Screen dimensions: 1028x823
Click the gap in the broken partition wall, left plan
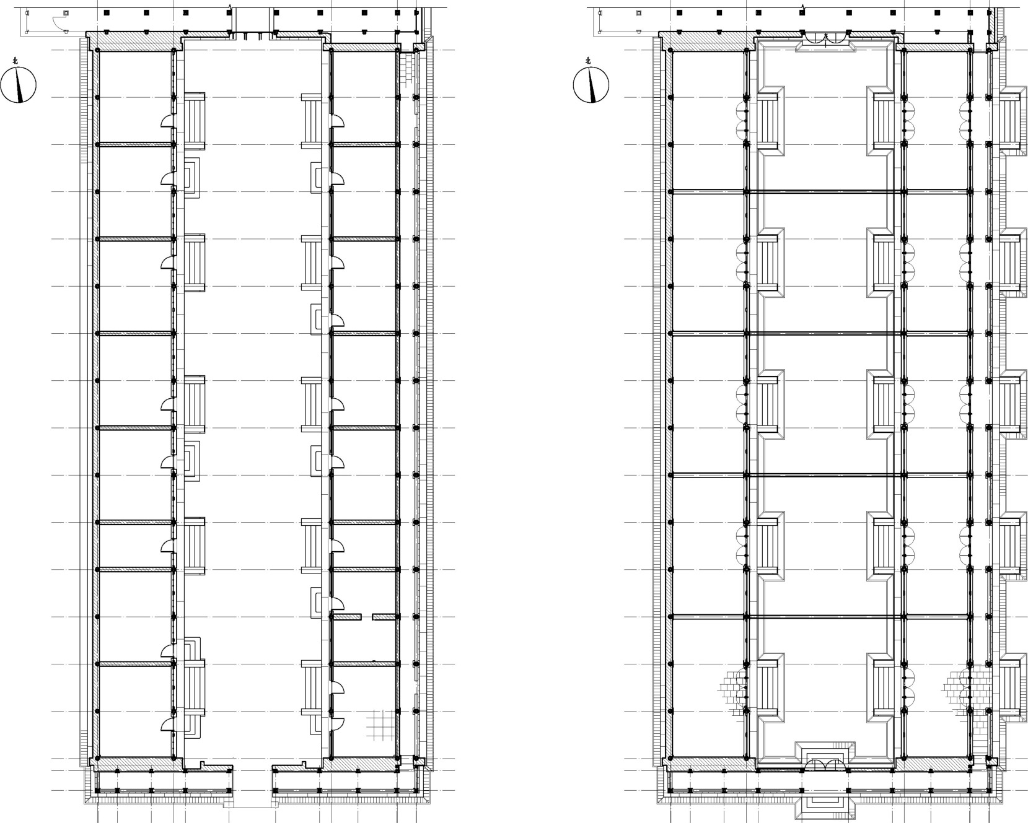click(x=367, y=617)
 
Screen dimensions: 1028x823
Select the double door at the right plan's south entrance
click(x=825, y=765)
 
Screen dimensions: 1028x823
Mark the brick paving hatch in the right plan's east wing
click(x=959, y=689)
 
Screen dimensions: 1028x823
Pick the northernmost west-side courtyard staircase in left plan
click(x=194, y=121)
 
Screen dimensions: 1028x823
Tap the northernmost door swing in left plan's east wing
click(x=338, y=121)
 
